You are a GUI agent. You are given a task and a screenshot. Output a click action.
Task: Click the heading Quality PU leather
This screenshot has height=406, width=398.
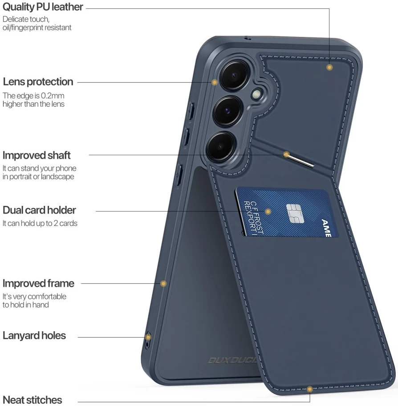pyautogui.click(x=43, y=7)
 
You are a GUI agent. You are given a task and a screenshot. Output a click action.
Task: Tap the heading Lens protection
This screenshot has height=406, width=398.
pyautogui.click(x=38, y=82)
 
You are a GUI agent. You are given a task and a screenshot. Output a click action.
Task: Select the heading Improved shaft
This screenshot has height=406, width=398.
pyautogui.click(x=37, y=155)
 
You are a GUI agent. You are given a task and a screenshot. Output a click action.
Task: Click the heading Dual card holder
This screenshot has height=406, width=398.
pyautogui.click(x=39, y=210)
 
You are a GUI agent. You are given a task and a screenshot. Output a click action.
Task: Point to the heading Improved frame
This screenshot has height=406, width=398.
pyautogui.click(x=38, y=284)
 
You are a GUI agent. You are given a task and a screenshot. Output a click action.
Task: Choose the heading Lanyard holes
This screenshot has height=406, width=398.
pyautogui.click(x=34, y=336)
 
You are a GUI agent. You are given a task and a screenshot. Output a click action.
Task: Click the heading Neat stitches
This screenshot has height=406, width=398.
pyautogui.click(x=32, y=400)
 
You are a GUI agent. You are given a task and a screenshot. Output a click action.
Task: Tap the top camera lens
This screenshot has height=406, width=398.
pyautogui.click(x=234, y=76)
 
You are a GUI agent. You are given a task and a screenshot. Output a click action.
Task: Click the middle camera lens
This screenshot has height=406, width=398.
pyautogui.click(x=227, y=111)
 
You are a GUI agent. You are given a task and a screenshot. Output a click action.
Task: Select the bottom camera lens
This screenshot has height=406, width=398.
pyautogui.click(x=221, y=147)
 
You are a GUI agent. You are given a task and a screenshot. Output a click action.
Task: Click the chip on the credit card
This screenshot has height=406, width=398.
pyautogui.click(x=295, y=213)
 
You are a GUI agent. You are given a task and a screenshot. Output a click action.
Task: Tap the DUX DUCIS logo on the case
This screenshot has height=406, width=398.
pyautogui.click(x=232, y=361)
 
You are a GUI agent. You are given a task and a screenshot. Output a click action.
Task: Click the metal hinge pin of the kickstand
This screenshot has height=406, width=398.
pyautogui.click(x=300, y=160)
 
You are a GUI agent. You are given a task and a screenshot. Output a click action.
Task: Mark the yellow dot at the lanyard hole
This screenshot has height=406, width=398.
pyautogui.click(x=148, y=338)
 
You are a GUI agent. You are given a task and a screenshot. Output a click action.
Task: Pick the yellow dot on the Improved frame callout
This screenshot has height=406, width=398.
pyautogui.click(x=163, y=284)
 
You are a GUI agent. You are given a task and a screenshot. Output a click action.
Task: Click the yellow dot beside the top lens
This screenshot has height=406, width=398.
pyautogui.click(x=215, y=82)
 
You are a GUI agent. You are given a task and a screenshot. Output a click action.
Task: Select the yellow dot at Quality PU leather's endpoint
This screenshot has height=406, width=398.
pyautogui.click(x=329, y=67)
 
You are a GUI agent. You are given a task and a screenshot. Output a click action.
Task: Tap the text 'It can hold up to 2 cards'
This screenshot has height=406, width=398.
pyautogui.click(x=40, y=223)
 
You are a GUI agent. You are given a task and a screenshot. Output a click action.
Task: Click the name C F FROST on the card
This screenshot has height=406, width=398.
pyautogui.click(x=257, y=217)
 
